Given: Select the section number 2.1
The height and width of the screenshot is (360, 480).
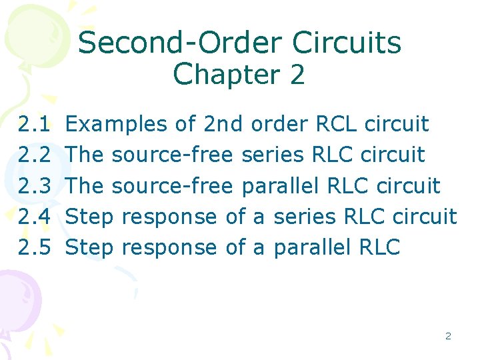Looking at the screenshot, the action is click(35, 124).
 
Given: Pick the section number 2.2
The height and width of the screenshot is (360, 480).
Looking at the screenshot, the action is click(35, 155).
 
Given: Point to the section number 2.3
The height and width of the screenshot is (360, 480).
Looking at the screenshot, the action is click(35, 185).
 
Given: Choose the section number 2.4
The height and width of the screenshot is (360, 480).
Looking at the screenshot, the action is click(35, 216).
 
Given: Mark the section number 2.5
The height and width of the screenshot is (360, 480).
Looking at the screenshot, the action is click(35, 247).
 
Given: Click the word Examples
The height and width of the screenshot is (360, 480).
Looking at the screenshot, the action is click(117, 124).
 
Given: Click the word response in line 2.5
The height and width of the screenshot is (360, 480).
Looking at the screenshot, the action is click(170, 247).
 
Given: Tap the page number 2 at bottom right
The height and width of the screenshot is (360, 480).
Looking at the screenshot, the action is click(448, 336).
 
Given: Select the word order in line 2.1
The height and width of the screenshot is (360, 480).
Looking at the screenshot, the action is click(280, 124).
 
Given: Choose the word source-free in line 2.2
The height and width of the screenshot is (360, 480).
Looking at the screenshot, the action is click(172, 155).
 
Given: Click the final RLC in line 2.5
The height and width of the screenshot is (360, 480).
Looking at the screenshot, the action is click(379, 247).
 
